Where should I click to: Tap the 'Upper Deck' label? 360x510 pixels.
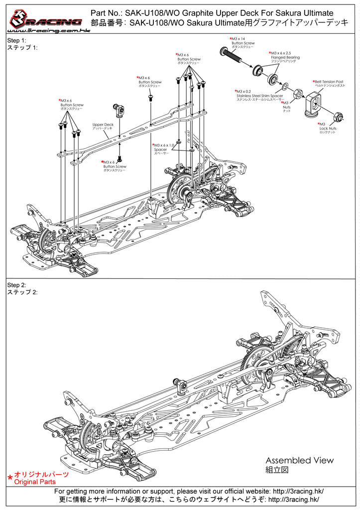[103, 125]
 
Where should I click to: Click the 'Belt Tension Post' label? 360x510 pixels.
[329, 81]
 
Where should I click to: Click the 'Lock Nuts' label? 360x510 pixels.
[328, 128]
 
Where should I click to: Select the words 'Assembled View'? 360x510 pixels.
[299, 460]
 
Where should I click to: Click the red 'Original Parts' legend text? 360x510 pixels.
[35, 482]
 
